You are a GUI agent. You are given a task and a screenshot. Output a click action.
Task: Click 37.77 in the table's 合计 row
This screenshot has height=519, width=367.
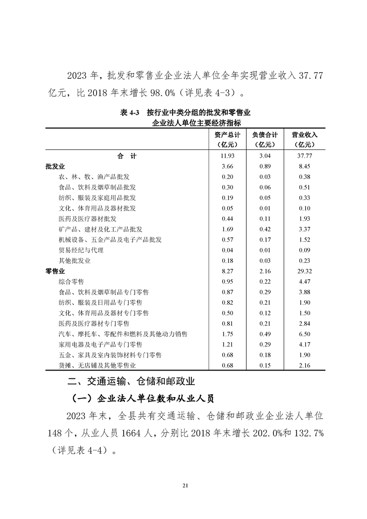304,156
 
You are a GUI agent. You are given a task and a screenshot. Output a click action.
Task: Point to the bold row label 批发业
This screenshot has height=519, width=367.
55,167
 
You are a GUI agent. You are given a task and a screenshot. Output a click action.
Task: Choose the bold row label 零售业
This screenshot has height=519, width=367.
55,271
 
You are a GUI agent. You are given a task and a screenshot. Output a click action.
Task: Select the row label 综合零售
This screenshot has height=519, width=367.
71,281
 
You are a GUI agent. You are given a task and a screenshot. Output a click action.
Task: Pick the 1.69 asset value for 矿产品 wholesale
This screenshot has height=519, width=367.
227,229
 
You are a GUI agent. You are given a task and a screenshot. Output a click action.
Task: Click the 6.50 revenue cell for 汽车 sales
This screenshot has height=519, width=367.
304,334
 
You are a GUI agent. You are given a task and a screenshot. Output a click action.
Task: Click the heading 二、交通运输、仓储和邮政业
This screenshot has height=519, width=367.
131,382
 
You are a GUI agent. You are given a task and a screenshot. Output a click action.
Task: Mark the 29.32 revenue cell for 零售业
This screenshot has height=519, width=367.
304,271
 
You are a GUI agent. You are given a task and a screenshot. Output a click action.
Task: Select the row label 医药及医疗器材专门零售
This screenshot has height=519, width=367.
94,323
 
